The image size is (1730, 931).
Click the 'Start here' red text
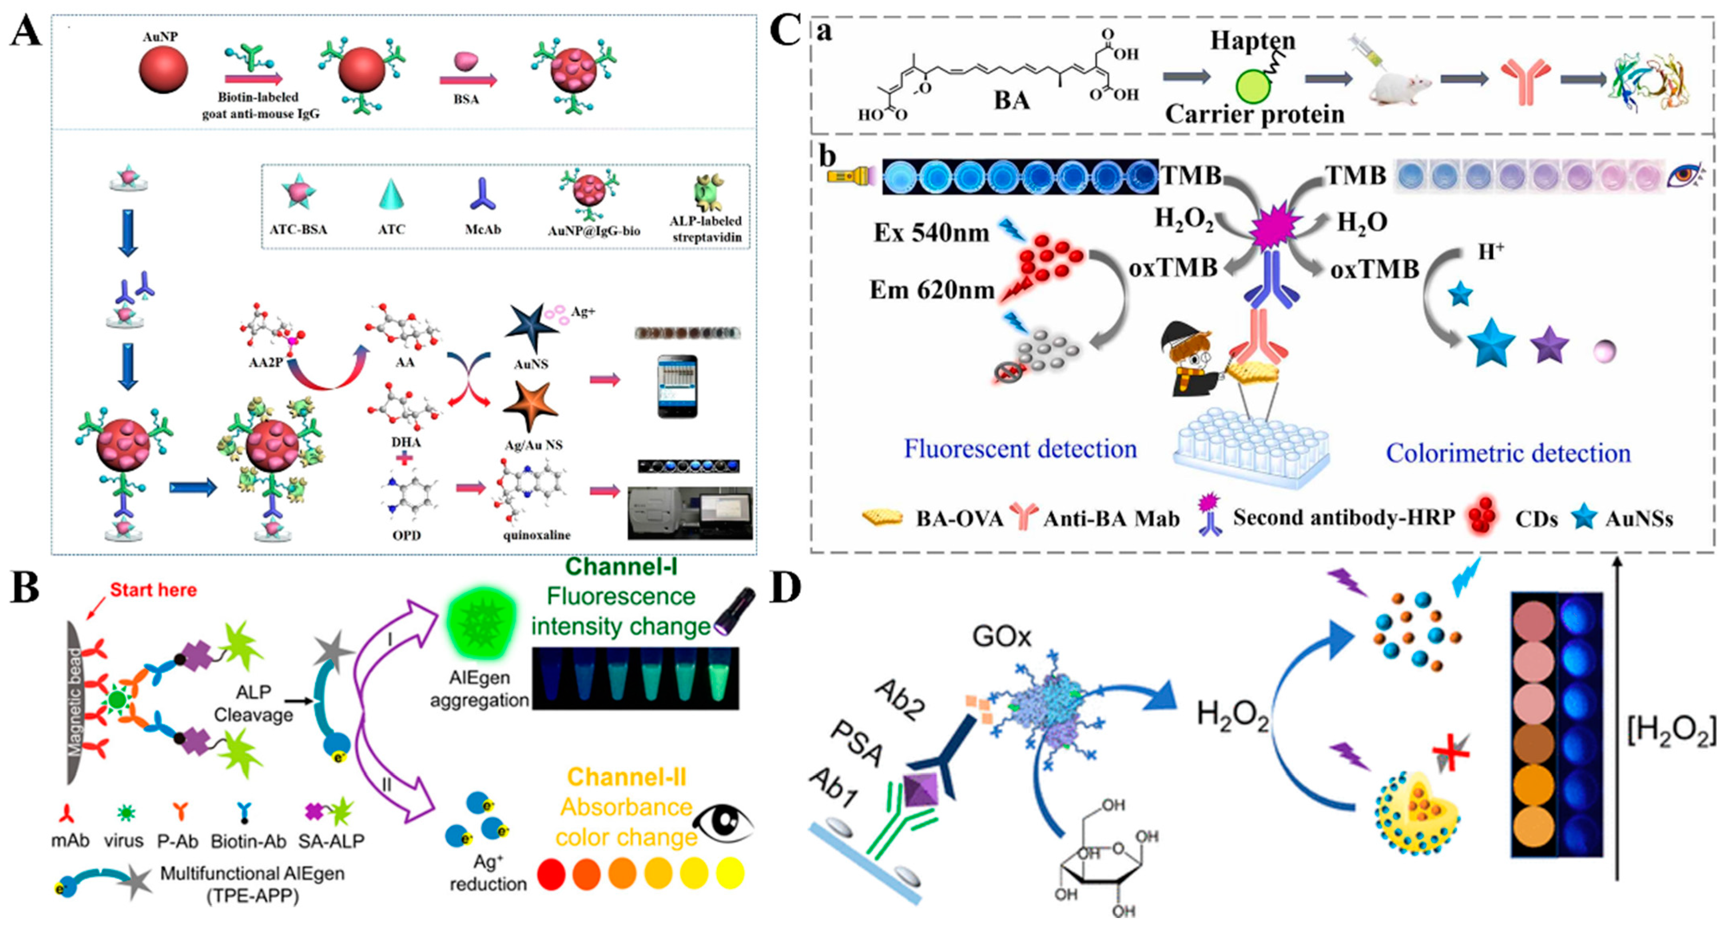(x=153, y=590)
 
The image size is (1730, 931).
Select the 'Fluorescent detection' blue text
(x=1020, y=449)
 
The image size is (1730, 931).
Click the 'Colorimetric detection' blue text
(x=1508, y=454)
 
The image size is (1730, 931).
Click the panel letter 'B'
(x=26, y=587)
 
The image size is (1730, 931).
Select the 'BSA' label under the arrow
(x=466, y=99)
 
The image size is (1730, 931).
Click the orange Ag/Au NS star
(x=530, y=406)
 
